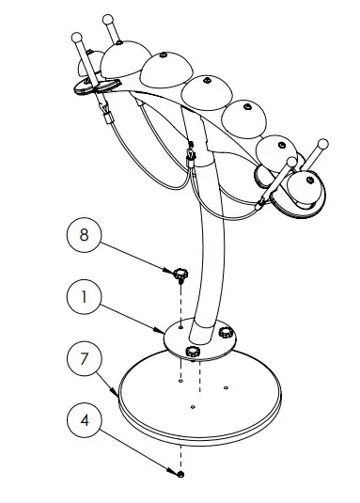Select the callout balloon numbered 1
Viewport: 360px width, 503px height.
tap(84, 298)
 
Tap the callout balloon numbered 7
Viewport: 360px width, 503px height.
tap(84, 359)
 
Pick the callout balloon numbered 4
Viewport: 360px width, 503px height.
tap(84, 422)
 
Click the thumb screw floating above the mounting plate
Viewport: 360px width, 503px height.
tap(179, 275)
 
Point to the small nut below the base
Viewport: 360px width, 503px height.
tap(180, 475)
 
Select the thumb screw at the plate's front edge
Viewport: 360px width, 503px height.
tap(193, 351)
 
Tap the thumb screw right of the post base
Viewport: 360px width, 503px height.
tap(226, 333)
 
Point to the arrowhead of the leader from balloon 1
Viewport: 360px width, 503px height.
tap(164, 329)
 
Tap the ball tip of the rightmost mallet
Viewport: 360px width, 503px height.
tap(324, 145)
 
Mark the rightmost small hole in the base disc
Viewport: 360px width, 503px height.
tap(228, 385)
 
